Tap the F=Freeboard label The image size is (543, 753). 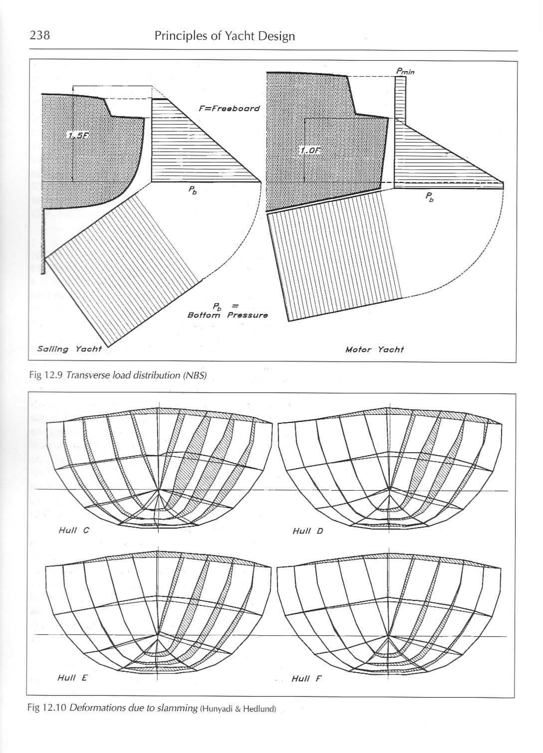pyautogui.click(x=229, y=109)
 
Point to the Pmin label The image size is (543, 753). pyautogui.click(x=405, y=71)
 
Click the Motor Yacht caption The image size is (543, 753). pyautogui.click(x=374, y=350)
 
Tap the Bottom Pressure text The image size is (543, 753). pyautogui.click(x=227, y=315)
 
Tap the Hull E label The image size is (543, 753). pyautogui.click(x=72, y=678)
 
